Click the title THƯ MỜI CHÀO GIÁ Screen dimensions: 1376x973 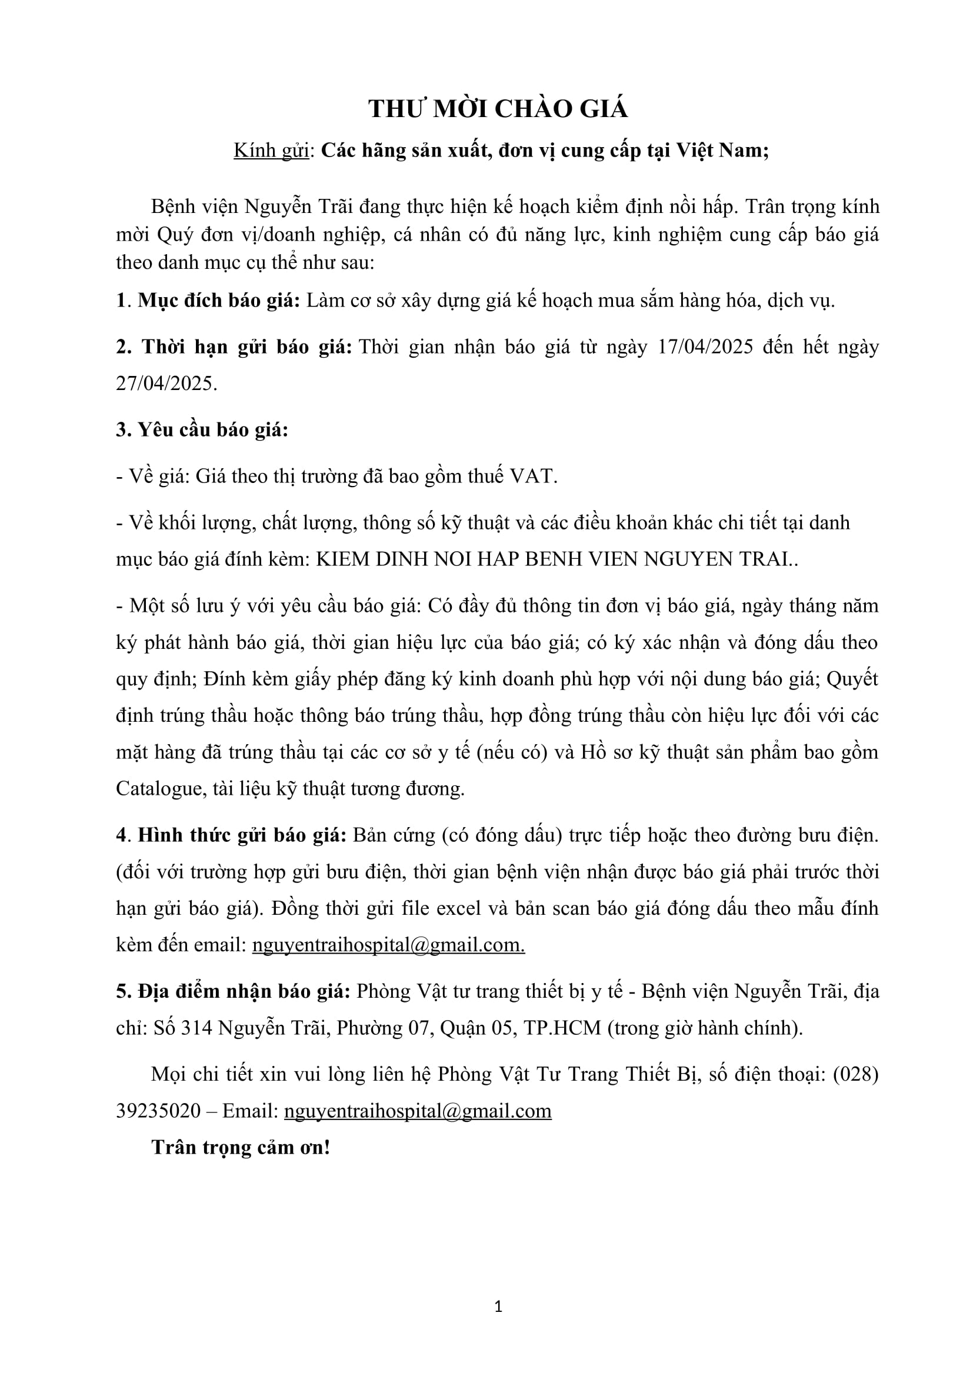(x=498, y=109)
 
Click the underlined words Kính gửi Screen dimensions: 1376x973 (x=271, y=151)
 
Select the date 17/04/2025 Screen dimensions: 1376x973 (x=705, y=347)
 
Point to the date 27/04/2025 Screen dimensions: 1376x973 (x=166, y=384)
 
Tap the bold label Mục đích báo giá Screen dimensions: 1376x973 (x=219, y=300)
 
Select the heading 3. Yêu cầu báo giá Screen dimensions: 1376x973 (x=202, y=429)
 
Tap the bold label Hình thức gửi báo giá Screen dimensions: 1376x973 (x=242, y=835)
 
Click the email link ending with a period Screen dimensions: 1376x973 (x=388, y=945)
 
